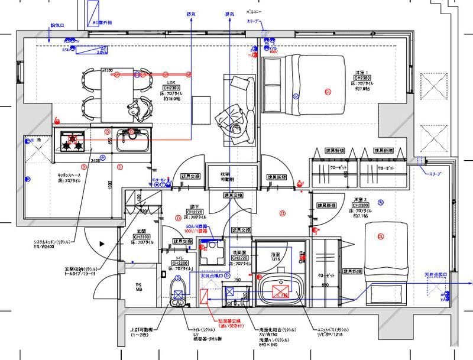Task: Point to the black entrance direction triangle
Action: [102, 242]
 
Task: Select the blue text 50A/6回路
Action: [199, 226]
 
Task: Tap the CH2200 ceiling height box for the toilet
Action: [180, 262]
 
